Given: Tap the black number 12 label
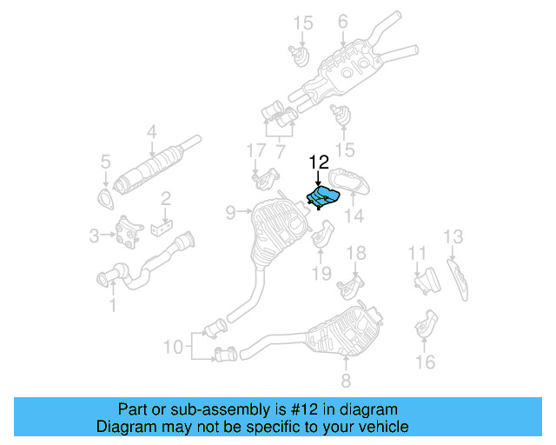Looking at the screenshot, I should click(x=319, y=162).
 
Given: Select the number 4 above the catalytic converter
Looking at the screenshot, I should click(x=151, y=132).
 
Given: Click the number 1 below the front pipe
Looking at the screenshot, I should click(x=111, y=304).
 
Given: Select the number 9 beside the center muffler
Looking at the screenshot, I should click(x=230, y=211).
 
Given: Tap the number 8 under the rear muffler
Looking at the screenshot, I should click(x=345, y=380).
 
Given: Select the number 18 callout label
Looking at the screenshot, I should click(x=357, y=253).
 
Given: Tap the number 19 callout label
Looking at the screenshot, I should click(x=321, y=274).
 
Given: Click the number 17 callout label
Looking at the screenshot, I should click(x=255, y=150).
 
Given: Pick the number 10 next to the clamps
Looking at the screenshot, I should click(x=173, y=347).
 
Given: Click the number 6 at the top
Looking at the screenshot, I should click(x=342, y=21).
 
